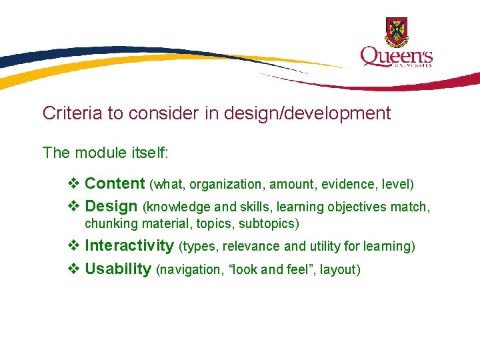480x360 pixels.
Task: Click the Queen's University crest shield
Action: click(x=397, y=31)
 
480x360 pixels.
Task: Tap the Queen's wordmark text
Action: click(x=396, y=57)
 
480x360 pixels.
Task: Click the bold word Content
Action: click(x=115, y=183)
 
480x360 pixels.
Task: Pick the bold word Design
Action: click(x=111, y=207)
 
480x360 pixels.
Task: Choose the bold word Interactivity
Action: click(x=129, y=246)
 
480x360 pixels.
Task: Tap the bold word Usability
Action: click(x=118, y=269)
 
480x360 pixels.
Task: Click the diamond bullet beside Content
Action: click(x=74, y=183)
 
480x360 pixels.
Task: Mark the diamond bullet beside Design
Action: click(x=74, y=207)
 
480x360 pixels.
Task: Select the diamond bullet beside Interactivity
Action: click(x=74, y=246)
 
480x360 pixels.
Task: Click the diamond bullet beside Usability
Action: click(x=74, y=269)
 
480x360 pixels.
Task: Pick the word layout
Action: click(x=339, y=270)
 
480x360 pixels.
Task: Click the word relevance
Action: click(x=251, y=247)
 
